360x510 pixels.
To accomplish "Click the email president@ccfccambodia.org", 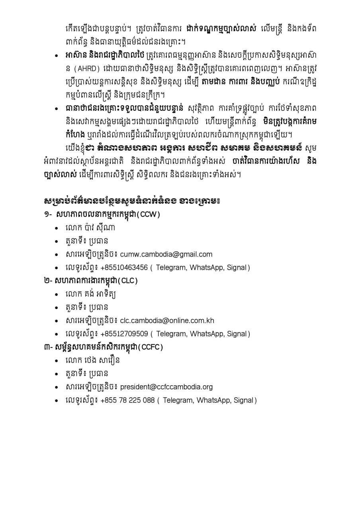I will pyautogui.click(x=166, y=386).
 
